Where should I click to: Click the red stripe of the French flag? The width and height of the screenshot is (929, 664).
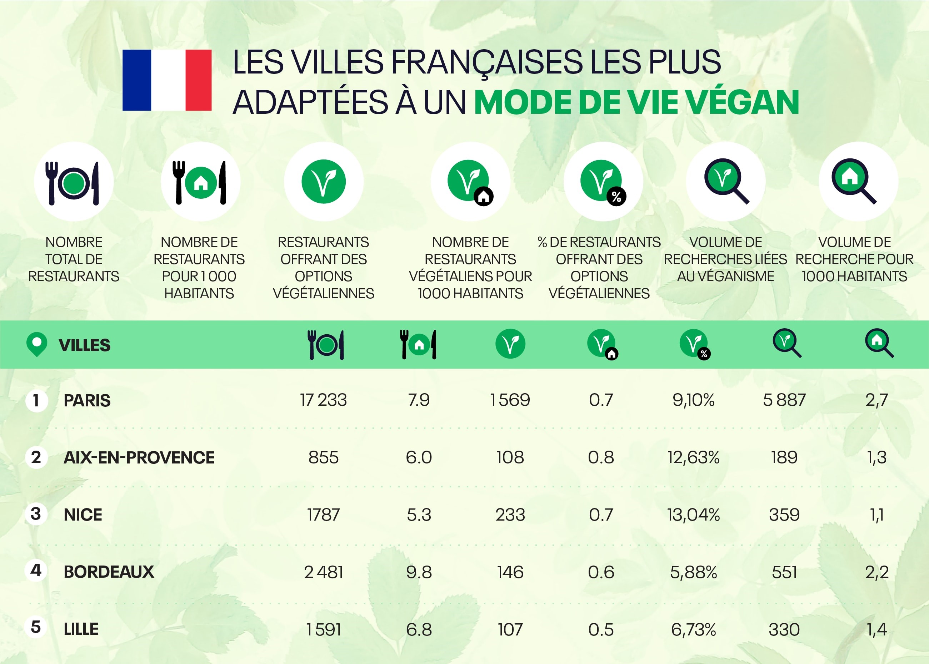coord(199,80)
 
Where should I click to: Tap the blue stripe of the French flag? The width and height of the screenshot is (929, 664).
coord(137,80)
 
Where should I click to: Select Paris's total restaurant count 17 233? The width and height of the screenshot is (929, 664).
coord(323,400)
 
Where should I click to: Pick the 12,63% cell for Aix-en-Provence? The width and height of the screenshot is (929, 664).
coord(693,457)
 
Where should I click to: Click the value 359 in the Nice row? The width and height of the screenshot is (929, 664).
coord(784,515)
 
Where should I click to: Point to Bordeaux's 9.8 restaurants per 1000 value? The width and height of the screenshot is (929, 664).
coord(419,572)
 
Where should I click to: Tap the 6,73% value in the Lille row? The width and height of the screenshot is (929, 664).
coord(693,630)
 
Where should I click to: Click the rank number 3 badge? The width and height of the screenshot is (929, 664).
coord(36,514)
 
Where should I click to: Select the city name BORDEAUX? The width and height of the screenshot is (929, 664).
coord(109,572)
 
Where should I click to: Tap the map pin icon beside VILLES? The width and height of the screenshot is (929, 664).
coord(36,344)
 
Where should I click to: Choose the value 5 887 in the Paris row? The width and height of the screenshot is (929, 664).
coord(784,400)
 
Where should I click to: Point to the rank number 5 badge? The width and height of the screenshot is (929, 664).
coord(36,627)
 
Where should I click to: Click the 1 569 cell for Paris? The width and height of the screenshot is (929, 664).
coord(510,400)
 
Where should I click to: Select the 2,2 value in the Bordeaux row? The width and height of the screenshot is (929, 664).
coord(876,572)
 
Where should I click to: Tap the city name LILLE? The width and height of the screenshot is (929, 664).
coord(81,629)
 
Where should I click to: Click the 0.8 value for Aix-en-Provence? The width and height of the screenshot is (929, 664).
coord(601,457)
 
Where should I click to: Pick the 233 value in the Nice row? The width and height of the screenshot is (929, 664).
coord(510,515)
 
